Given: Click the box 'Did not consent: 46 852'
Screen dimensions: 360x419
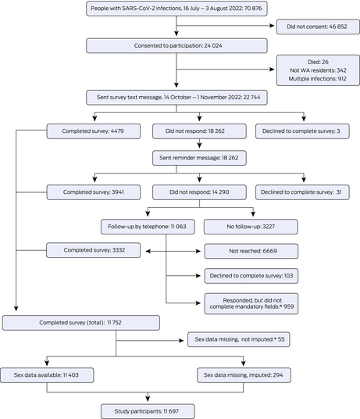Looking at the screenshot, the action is point(318,27).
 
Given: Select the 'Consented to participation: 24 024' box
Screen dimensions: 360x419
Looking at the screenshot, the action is point(176,45).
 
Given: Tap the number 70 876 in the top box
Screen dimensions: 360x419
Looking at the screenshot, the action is point(253,9).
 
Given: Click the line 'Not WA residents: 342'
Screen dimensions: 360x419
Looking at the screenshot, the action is point(318,70).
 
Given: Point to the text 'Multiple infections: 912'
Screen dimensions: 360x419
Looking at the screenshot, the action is point(318,79).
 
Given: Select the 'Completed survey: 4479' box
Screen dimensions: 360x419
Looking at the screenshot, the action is point(94,131).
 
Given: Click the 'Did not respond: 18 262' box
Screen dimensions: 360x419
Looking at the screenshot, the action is point(199,131).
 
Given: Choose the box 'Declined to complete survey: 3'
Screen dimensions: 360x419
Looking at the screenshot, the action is point(302,131).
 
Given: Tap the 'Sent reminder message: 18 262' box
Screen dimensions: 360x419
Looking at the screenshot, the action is point(199,158).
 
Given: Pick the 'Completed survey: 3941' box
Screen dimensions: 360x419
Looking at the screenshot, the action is point(94,192).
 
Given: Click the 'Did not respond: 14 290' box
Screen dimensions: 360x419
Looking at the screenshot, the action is point(199,192).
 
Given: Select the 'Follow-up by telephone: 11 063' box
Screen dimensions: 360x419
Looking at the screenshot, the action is point(148,227).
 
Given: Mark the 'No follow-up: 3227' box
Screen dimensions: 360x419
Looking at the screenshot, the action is point(251,227).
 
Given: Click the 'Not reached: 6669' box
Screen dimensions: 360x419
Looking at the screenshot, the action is point(251,251).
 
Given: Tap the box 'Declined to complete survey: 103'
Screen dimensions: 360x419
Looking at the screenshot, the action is point(251,276).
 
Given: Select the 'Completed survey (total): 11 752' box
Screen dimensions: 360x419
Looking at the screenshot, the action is point(81,323).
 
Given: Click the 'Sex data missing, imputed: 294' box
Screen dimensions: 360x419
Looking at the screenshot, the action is point(244,375).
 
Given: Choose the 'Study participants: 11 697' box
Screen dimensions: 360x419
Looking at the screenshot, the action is point(148,411).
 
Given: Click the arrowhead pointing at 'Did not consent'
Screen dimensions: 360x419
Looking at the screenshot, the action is point(272,26).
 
